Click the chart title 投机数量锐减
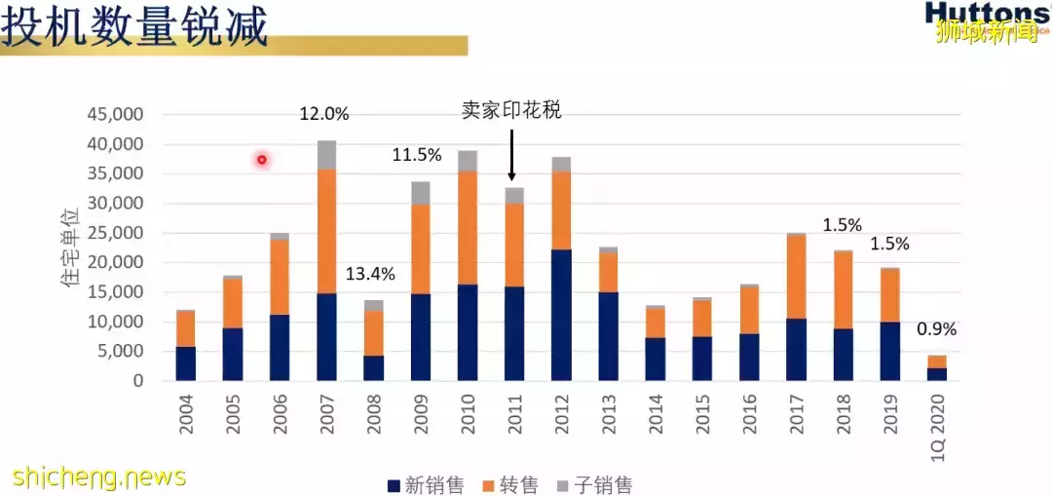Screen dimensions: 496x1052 click(133, 27)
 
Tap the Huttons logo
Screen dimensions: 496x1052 click(986, 13)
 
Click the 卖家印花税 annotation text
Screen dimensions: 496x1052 click(511, 110)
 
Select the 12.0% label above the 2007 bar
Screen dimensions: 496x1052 click(323, 114)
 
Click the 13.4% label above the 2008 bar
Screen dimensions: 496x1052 click(370, 274)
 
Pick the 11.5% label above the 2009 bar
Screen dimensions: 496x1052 click(417, 155)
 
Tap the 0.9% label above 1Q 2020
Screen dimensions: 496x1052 click(936, 329)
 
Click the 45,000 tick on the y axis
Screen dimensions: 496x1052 click(115, 115)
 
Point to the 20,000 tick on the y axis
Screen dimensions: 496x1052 click(115, 263)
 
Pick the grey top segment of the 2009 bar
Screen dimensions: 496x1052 click(420, 193)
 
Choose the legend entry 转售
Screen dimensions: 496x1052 click(507, 484)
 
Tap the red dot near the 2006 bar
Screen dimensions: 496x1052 click(262, 160)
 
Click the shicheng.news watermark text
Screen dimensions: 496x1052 click(99, 477)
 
